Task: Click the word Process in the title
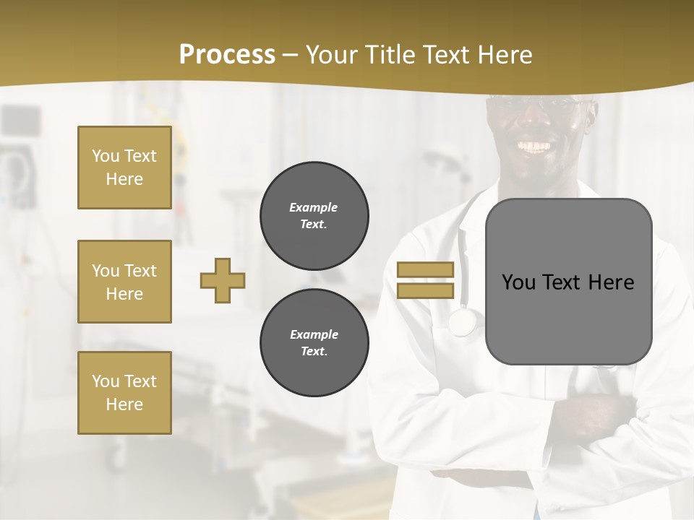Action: [227, 55]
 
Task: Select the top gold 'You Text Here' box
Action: [124, 168]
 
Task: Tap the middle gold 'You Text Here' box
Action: [124, 282]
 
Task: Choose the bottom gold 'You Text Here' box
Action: [124, 393]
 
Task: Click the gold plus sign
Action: [223, 280]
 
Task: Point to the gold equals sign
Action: [425, 280]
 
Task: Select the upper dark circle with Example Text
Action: [314, 216]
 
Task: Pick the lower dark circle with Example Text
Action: [314, 343]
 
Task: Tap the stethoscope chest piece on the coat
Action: [461, 321]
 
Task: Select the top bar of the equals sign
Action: [425, 270]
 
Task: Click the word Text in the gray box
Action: [562, 282]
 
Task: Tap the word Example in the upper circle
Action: [314, 207]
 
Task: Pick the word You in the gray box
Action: [518, 282]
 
